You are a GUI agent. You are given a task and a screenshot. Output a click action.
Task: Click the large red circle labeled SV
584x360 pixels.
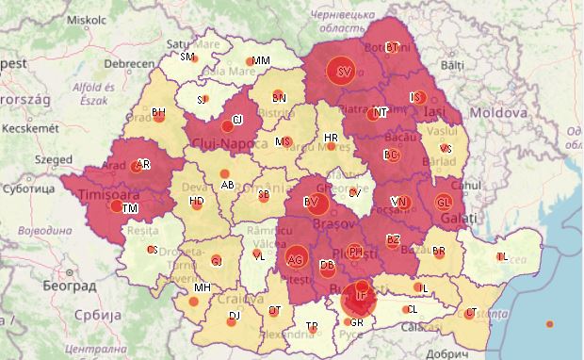point(344,71)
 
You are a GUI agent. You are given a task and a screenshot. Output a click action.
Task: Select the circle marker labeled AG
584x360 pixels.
point(296,259)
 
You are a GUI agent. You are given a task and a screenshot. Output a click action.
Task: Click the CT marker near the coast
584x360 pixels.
point(469,313)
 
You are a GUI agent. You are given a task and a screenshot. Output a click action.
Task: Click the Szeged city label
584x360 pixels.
point(53,160)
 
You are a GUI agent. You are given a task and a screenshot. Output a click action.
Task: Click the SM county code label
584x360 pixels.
point(187,57)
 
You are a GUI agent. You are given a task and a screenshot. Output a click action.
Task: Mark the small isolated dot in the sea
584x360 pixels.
point(550,324)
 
